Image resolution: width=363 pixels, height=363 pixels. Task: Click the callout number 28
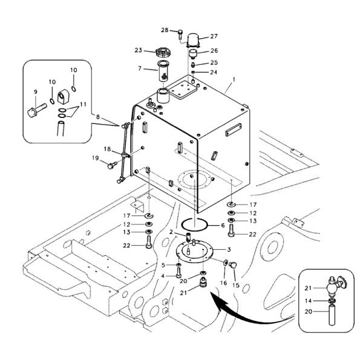(165, 30)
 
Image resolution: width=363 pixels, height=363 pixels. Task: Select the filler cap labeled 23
(163, 53)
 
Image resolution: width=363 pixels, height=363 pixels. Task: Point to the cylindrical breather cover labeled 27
(193, 41)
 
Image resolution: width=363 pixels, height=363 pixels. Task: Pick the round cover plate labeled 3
(194, 252)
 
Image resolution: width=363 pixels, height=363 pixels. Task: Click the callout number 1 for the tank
(234, 79)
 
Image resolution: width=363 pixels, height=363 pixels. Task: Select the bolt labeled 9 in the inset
(37, 110)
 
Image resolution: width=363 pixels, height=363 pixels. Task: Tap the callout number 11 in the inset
(83, 105)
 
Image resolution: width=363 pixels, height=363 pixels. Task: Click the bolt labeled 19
(112, 165)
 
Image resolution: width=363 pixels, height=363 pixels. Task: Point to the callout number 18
(107, 149)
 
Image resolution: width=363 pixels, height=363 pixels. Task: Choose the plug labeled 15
(233, 265)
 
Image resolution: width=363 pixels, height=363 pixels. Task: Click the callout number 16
(223, 283)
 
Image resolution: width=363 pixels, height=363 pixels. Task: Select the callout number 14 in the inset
(308, 301)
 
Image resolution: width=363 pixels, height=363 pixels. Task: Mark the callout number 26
(214, 50)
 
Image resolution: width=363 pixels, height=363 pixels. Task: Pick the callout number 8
(98, 117)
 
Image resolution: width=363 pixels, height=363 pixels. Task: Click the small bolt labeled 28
(180, 34)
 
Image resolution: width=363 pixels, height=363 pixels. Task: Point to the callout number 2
(171, 232)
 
